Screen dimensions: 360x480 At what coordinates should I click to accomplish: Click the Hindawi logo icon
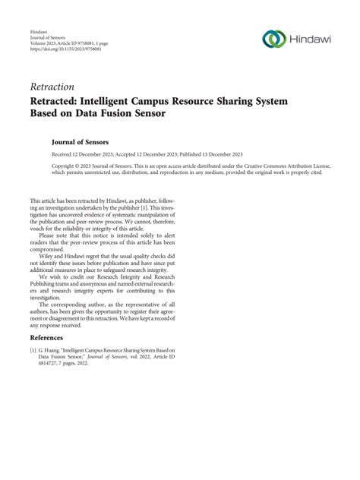(x=272, y=39)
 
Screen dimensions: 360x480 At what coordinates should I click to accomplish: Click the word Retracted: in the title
(x=64, y=103)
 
